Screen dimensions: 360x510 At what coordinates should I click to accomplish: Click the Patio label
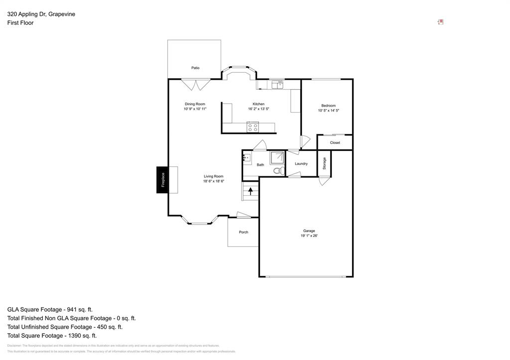(195, 68)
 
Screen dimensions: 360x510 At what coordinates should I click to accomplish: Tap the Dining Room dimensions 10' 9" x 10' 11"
(195, 109)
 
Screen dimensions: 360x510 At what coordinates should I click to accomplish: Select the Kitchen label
(258, 104)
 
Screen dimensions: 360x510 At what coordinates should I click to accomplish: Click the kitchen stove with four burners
(253, 127)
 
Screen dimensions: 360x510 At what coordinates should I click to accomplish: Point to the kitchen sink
(277, 85)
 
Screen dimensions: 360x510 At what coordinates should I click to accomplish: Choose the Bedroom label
(328, 106)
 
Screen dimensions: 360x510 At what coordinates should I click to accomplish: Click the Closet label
(335, 142)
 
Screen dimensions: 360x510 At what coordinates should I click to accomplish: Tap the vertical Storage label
(324, 163)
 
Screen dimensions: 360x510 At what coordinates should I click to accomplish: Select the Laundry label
(301, 164)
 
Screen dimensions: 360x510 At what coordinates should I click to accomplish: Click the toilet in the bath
(278, 171)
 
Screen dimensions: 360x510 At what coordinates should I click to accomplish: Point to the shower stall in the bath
(277, 158)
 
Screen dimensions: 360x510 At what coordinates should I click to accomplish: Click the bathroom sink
(247, 158)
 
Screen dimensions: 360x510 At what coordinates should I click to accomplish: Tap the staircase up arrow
(251, 191)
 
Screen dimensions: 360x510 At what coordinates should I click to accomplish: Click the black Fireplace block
(162, 179)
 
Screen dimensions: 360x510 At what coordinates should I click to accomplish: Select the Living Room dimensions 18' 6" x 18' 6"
(213, 181)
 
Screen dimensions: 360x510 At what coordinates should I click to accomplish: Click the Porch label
(244, 232)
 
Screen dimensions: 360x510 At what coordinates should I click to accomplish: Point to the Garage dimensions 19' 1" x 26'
(309, 236)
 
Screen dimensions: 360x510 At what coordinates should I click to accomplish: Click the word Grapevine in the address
(62, 14)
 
